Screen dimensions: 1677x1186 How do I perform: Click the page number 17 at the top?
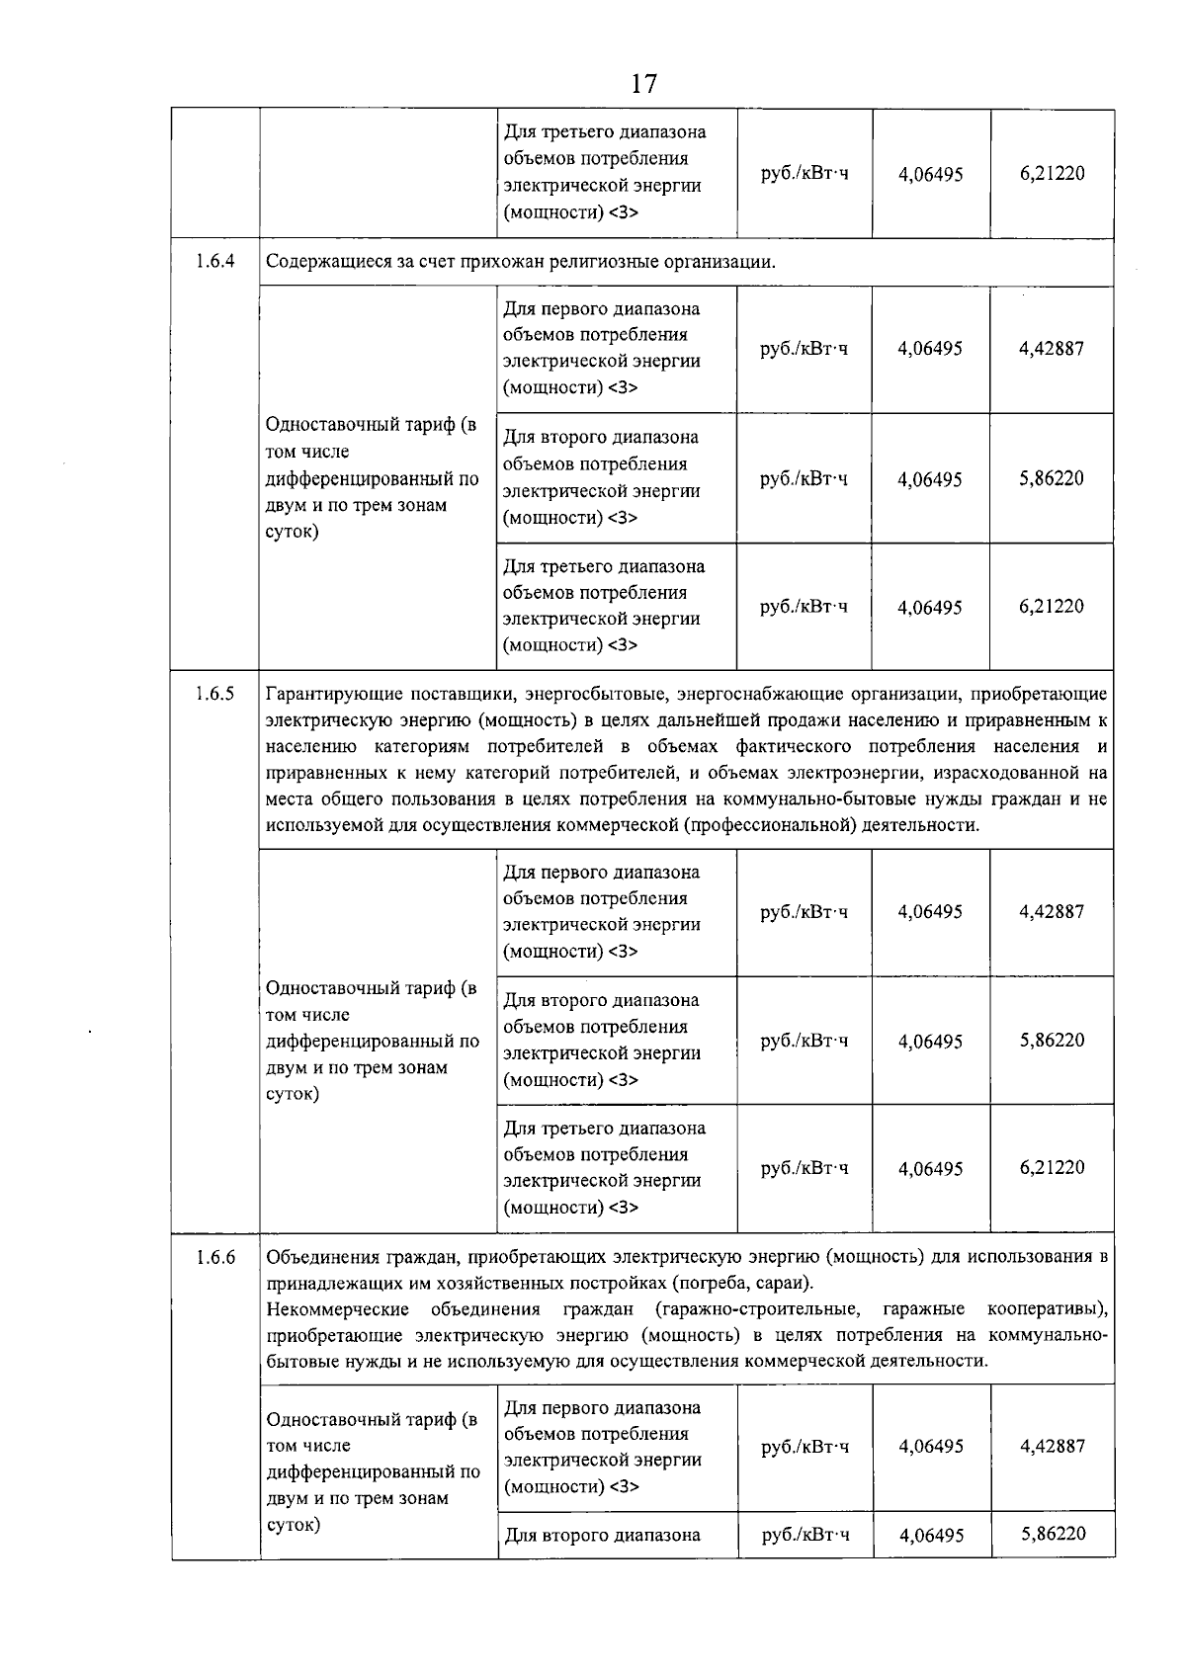pos(643,84)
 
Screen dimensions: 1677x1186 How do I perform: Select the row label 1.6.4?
pos(214,262)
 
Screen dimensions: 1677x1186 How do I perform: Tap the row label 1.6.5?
pos(214,693)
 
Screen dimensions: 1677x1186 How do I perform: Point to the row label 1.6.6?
pos(214,1257)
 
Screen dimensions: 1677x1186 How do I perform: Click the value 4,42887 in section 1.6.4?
pos(1052,348)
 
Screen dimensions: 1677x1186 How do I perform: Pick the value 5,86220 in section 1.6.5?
pos(1052,1040)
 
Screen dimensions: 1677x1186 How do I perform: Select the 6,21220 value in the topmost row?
pos(1052,173)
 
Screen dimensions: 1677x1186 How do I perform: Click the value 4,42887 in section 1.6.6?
pos(1053,1446)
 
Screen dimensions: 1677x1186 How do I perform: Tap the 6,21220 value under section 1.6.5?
pos(1052,1167)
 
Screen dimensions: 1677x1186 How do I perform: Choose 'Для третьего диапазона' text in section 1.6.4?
pos(604,566)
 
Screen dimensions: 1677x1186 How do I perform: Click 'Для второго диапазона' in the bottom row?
pos(602,1535)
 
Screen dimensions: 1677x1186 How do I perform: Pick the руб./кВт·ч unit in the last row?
pos(805,1534)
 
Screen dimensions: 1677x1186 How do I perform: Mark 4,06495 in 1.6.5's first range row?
pos(930,912)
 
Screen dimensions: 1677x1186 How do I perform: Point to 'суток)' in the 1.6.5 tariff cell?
pos(293,1094)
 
